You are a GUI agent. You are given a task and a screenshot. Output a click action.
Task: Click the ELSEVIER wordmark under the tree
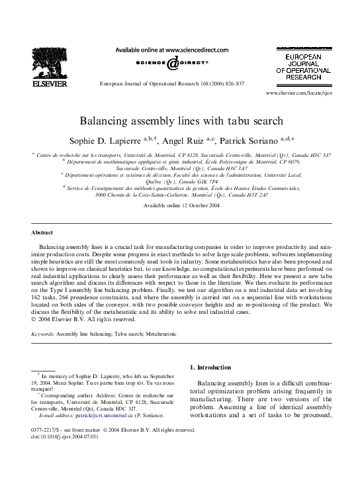[47, 85]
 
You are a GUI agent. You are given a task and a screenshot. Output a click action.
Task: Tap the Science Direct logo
[171, 64]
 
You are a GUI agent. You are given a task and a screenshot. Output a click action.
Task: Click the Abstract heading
[43, 234]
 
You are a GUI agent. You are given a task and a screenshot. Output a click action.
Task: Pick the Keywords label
[43, 334]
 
